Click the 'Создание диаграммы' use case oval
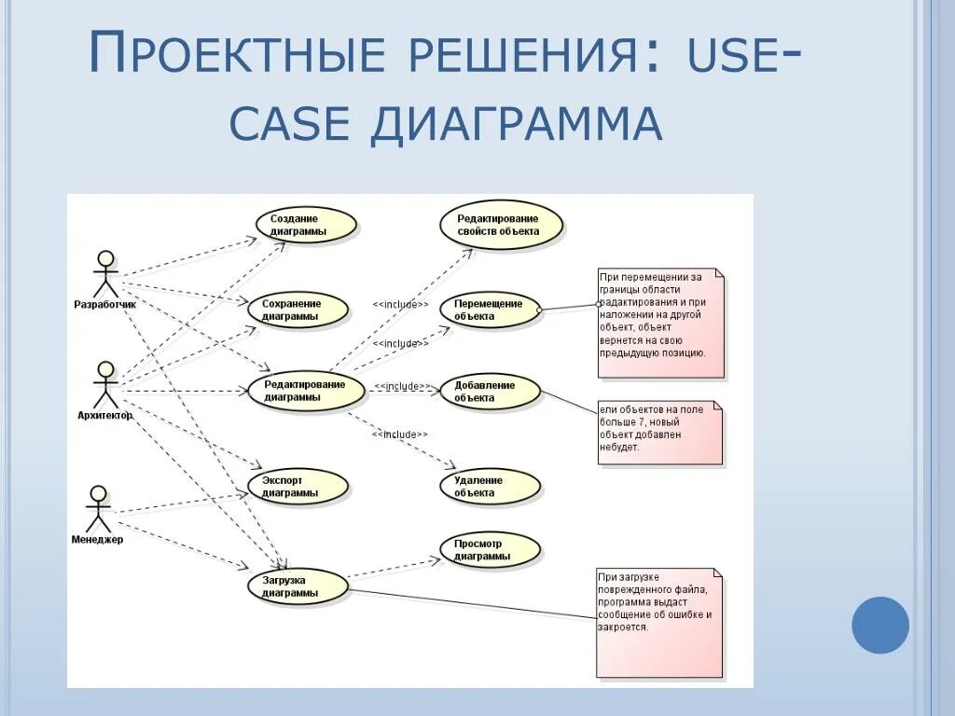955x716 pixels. click(306, 225)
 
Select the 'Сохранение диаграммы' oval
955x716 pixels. click(298, 310)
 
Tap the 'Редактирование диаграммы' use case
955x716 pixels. click(305, 391)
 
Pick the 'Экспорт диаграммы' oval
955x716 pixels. click(298, 486)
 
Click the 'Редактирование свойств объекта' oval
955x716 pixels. click(502, 225)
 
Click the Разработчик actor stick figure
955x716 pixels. click(106, 272)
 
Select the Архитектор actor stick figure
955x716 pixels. click(105, 383)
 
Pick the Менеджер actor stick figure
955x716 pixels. click(98, 507)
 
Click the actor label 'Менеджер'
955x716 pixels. click(98, 539)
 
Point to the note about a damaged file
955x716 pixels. click(659, 622)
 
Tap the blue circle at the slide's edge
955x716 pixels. click(880, 625)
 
